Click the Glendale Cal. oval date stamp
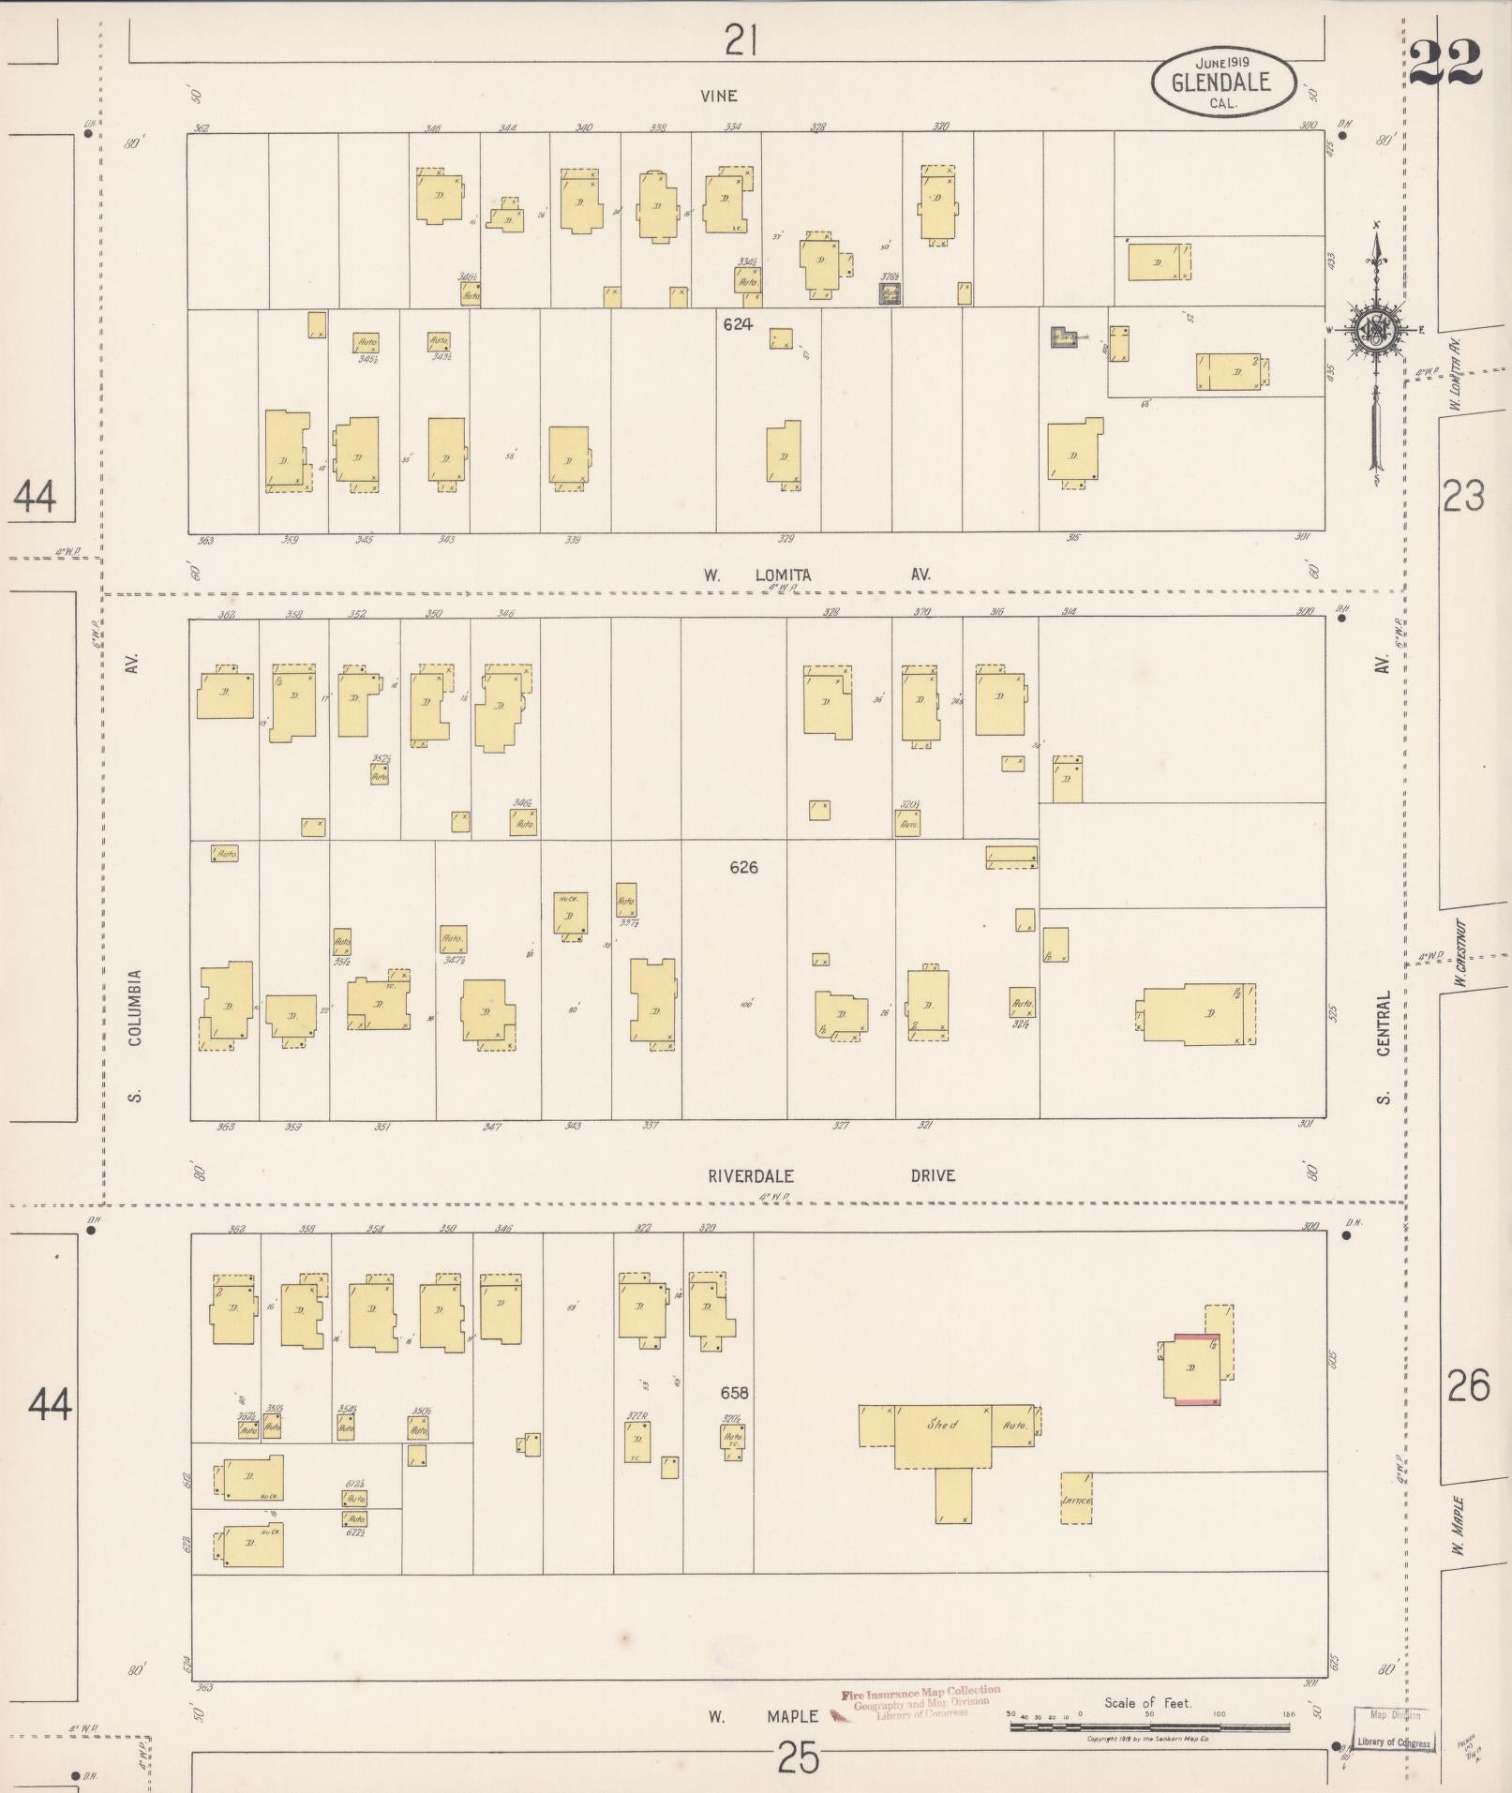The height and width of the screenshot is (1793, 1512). pos(1222,82)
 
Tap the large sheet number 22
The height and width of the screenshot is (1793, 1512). pos(1445,64)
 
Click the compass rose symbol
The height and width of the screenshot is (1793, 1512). pos(1375,331)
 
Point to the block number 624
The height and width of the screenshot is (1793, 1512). pos(738,324)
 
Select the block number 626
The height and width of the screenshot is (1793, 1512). pos(743,867)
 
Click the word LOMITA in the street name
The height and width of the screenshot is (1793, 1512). pos(783,575)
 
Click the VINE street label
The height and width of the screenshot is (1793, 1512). pos(718,96)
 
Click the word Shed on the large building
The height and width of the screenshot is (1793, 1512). pos(941,1425)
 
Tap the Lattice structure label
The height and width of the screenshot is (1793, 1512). pos(1075,1501)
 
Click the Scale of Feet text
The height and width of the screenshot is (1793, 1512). pos(1147,1702)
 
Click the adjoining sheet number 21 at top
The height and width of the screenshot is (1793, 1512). pos(741,41)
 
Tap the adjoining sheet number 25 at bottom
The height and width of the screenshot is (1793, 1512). pos(799,1758)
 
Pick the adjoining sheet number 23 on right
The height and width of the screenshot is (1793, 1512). pos(1463,496)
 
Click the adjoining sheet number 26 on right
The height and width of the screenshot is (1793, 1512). pos(1467,1412)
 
